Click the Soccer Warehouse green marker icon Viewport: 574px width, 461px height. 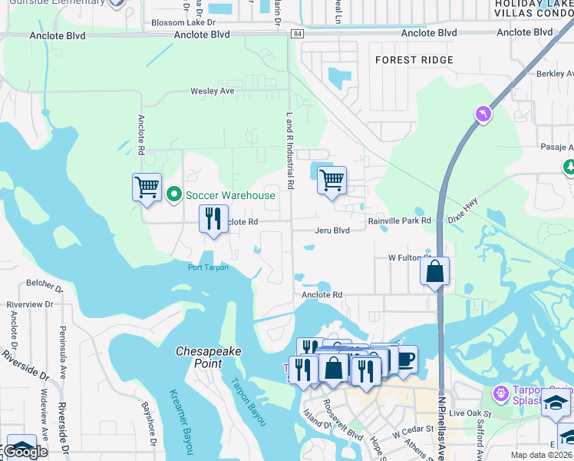174,195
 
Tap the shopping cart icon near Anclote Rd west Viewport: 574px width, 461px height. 147,187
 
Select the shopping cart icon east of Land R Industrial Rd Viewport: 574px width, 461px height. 332,181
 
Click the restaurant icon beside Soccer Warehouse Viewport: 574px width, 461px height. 214,219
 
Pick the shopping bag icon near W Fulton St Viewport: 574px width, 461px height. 434,271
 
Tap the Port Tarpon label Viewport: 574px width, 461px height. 208,267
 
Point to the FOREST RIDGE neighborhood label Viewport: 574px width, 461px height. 414,60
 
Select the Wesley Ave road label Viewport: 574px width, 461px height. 213,91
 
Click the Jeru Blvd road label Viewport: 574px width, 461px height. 332,230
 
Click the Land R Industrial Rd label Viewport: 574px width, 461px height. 291,151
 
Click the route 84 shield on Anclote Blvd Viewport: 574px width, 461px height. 298,35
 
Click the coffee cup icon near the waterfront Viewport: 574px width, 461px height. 406,358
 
